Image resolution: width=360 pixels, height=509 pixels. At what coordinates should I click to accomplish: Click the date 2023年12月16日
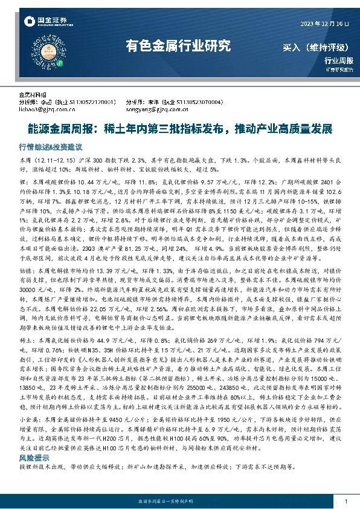click(x=325, y=23)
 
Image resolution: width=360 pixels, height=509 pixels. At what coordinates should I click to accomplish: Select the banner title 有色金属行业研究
click(x=178, y=45)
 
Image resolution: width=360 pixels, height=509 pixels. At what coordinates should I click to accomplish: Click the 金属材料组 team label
click(x=33, y=96)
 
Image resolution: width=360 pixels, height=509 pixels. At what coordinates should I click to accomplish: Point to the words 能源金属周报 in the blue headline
click(x=59, y=129)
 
